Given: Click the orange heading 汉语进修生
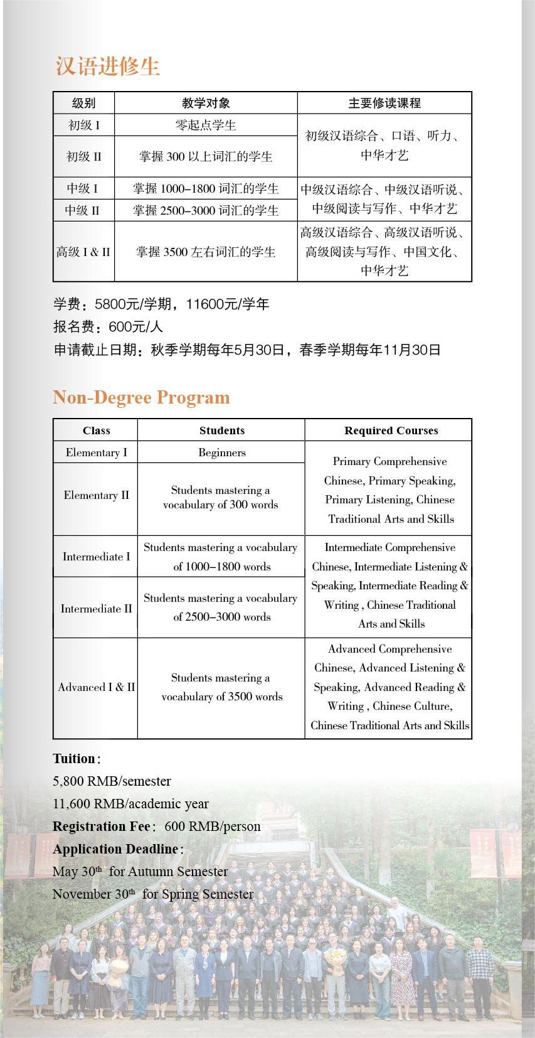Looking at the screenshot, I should pos(107,67).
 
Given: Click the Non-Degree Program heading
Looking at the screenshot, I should pos(141,397).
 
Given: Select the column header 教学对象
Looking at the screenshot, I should pos(206,103).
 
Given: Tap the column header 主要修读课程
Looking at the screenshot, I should pos(384,103).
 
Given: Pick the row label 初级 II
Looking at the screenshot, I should pos(83,156).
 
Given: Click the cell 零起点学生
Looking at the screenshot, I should pos(206,125).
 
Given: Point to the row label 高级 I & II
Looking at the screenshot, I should pos(83,252).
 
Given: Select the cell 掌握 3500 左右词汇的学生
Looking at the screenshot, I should pos(206,252).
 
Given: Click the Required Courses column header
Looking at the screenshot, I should pos(391,431).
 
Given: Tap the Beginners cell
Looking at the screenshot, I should pos(221,452).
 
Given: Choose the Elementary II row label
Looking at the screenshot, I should pos(96,495).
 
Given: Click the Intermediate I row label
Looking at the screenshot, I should pos(96,557).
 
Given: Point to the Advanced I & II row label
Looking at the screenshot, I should pos(96,687).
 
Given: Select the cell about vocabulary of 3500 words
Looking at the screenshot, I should pos(221,687).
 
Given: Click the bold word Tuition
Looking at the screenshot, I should pos(74,759).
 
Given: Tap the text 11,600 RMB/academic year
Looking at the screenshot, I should pos(130,804).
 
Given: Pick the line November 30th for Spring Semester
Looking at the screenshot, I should pos(152,894).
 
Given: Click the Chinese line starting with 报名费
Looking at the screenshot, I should pos(108,327).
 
